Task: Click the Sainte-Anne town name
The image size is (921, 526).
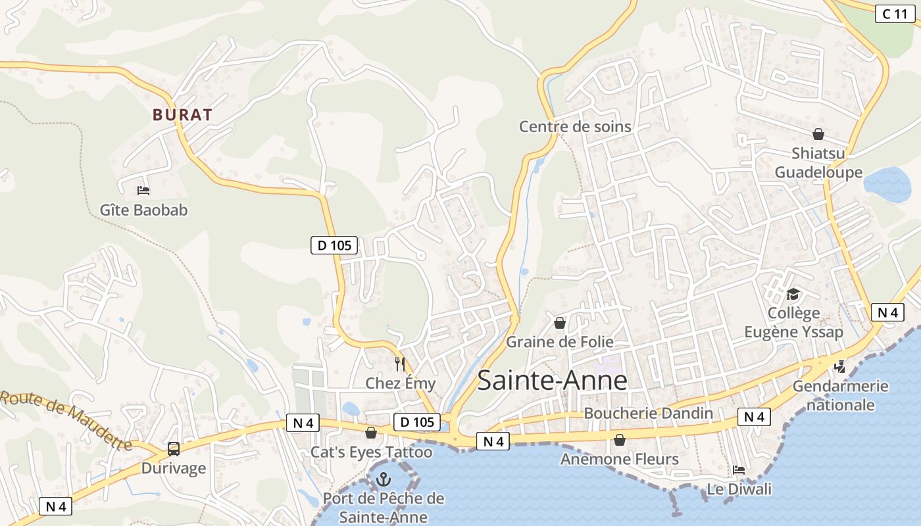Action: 552,381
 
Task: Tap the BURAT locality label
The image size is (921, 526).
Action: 182,115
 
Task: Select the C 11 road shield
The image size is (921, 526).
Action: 895,13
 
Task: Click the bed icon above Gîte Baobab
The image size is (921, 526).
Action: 143,191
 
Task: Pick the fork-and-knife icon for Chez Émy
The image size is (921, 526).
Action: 399,364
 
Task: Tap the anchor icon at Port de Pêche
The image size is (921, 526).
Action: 383,480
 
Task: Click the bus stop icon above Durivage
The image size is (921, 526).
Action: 174,449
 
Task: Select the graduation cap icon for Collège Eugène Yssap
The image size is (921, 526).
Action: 793,293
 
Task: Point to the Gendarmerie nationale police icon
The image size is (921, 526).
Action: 839,366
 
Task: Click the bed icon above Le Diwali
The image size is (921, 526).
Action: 739,470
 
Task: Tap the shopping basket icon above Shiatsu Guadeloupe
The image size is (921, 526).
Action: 818,134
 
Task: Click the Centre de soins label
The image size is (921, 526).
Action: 575,126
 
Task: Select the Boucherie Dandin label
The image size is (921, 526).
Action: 648,413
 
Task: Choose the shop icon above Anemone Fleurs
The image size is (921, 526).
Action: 619,439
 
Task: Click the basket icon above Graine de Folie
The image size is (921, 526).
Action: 559,323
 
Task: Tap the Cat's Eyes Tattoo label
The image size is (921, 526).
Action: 371,452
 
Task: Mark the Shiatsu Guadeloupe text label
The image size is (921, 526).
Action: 818,163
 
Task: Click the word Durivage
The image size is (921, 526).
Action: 174,469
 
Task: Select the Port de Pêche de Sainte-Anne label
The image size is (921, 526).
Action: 383,508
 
